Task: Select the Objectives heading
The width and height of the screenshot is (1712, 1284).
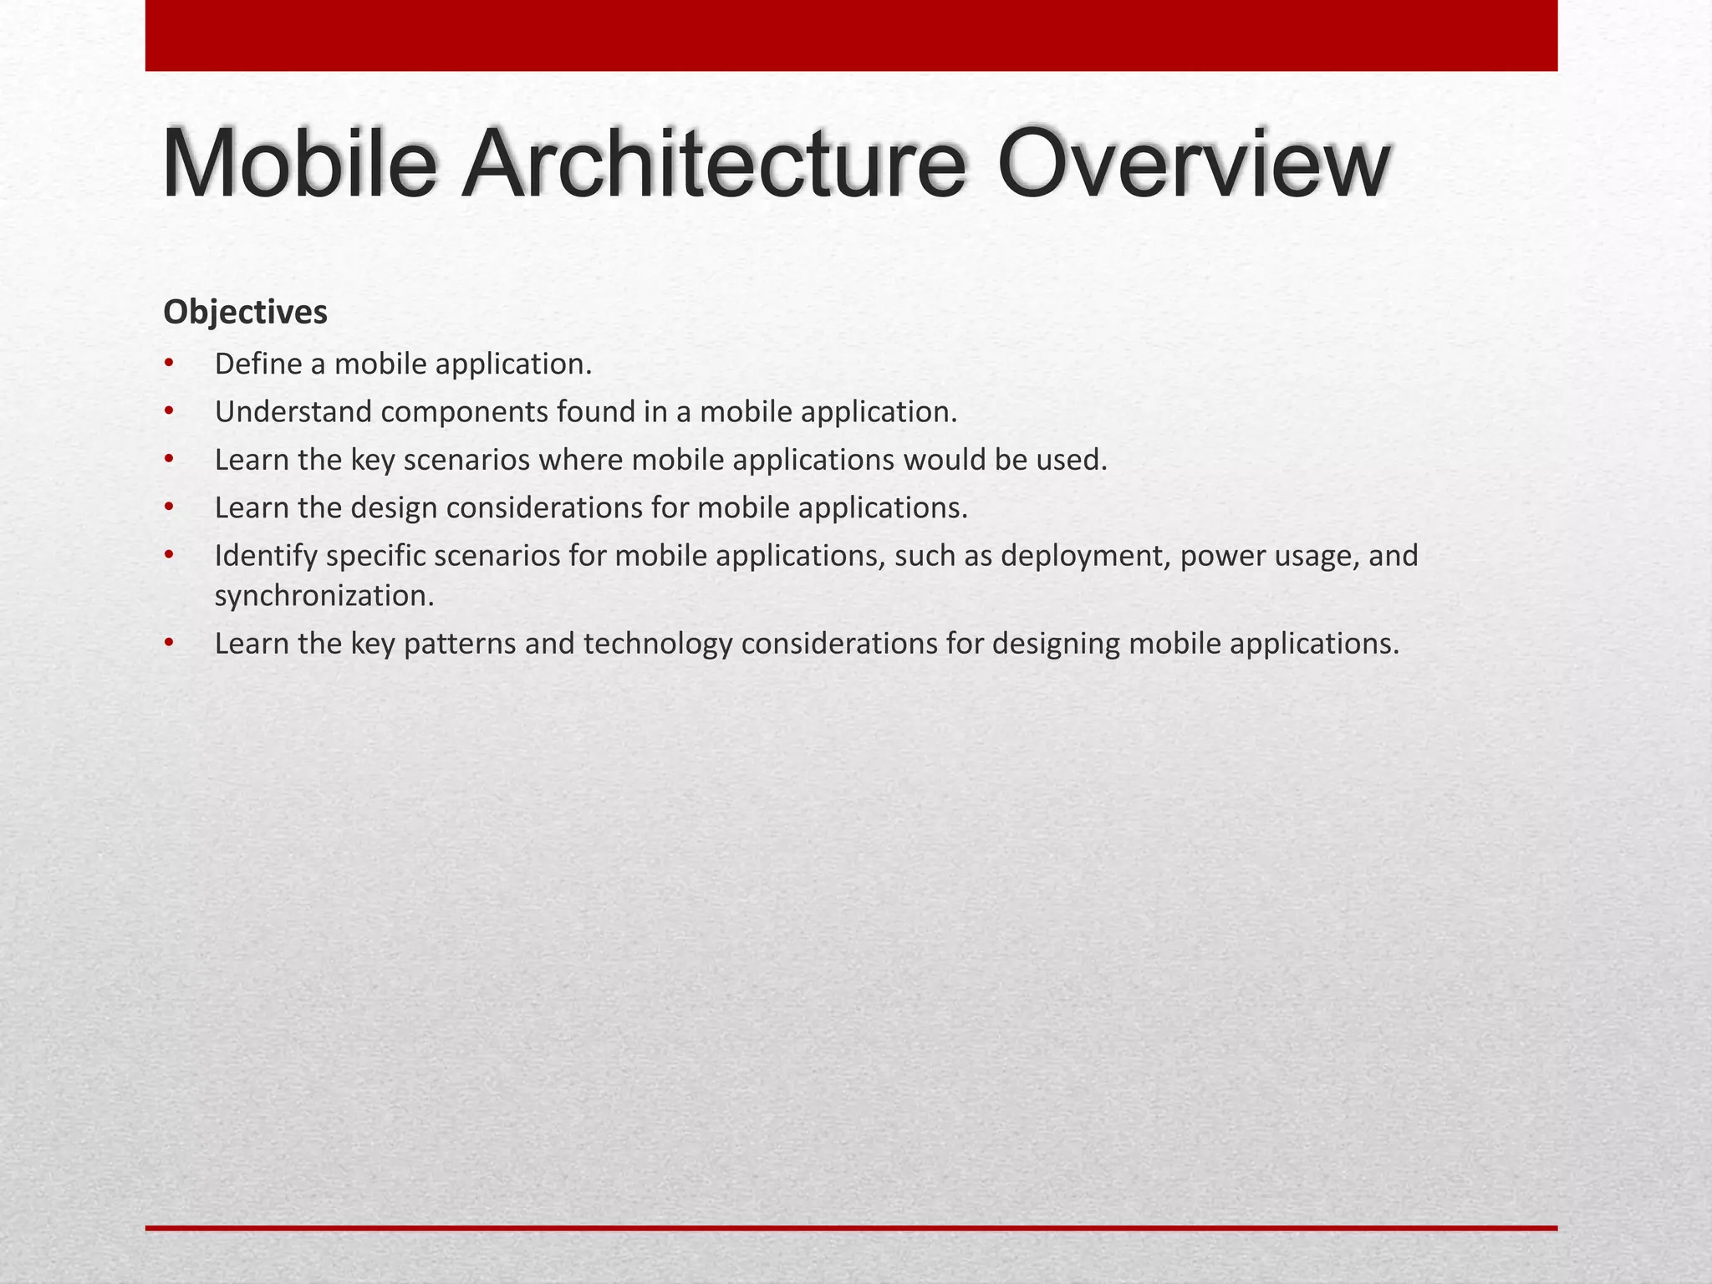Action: [x=245, y=312]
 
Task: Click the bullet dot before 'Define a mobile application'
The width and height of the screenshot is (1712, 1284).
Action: [x=169, y=364]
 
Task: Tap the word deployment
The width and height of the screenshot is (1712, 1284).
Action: [x=1085, y=556]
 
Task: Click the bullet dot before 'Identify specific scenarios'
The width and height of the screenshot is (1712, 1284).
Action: [x=169, y=554]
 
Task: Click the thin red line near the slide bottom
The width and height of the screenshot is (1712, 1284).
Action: [x=851, y=1228]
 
